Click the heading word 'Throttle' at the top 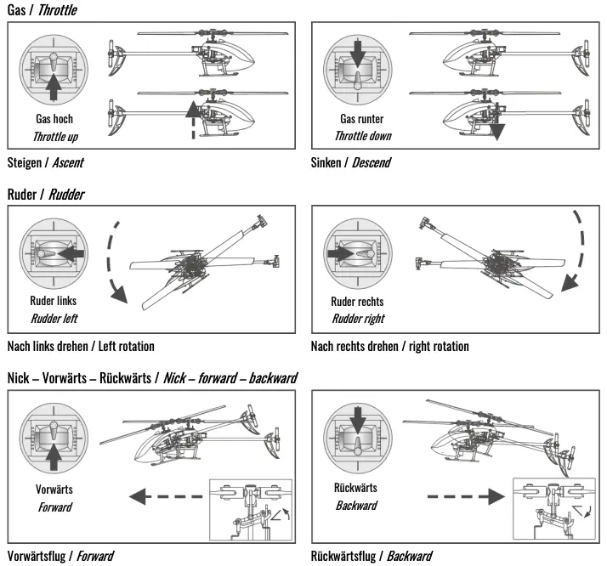(57, 10)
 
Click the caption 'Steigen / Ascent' (45, 161)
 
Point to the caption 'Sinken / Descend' (351, 161)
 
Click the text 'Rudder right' (357, 319)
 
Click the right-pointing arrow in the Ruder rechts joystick (340, 253)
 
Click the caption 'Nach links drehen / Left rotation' (81, 346)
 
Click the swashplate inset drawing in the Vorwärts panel (250, 509)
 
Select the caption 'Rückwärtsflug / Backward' (372, 557)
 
